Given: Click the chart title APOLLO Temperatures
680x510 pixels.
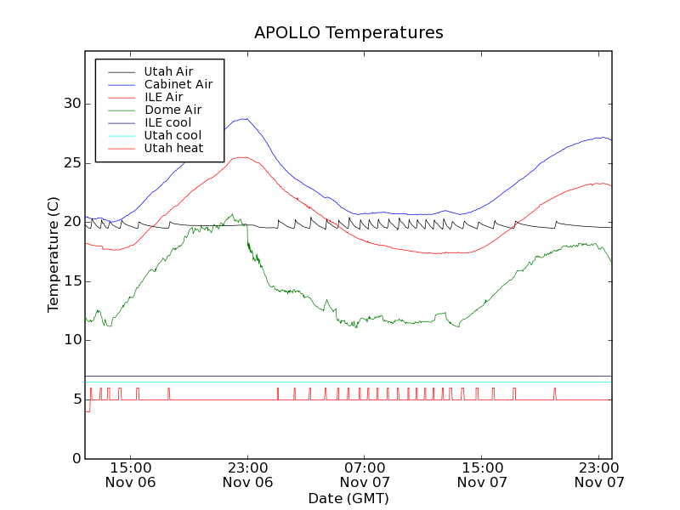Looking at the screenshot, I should (x=348, y=33).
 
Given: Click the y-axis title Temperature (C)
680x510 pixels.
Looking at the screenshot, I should (x=54, y=254).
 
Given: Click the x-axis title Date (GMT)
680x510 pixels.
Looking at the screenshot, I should (x=348, y=498).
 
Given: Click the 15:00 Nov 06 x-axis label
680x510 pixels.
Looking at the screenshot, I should (x=131, y=474).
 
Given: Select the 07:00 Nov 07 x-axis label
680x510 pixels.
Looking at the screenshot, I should (x=365, y=474).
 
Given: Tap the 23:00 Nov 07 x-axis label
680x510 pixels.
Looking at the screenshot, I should (x=600, y=474).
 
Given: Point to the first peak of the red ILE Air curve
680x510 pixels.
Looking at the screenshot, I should (x=243, y=157).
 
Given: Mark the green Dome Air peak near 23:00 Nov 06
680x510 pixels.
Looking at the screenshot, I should (x=231, y=215).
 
